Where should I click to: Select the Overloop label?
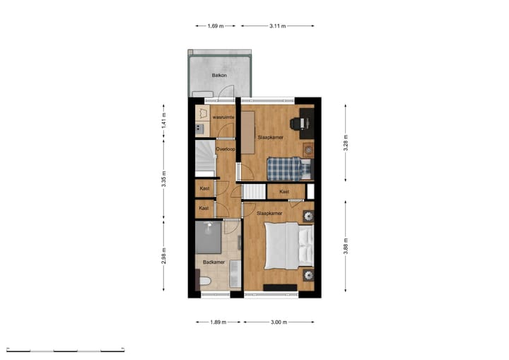(x=225, y=149)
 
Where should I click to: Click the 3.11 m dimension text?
(x=278, y=26)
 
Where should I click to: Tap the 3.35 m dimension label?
(x=163, y=180)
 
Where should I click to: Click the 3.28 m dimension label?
(x=346, y=141)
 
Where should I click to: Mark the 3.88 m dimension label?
(x=346, y=244)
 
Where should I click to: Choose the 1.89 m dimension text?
(x=217, y=322)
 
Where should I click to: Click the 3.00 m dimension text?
(x=279, y=322)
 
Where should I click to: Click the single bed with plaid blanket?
(x=288, y=169)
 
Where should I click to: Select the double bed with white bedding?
(x=286, y=245)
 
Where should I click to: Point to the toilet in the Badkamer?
(x=205, y=284)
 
